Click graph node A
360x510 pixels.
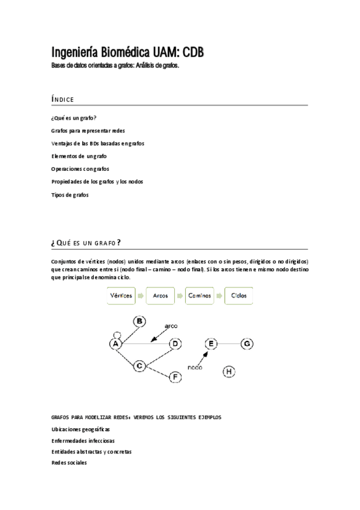116,343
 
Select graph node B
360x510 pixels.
139,322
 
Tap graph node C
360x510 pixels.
139,365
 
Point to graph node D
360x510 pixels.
175,343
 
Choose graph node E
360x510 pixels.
211,343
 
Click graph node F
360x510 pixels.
175,377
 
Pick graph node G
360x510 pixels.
247,343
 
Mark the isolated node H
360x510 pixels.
229,372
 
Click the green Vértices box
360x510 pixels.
121,296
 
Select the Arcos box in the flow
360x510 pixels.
160,296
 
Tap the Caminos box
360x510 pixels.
200,296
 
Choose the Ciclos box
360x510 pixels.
239,296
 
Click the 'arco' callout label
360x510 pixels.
171,325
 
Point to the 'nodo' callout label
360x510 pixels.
195,367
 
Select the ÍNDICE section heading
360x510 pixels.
63,99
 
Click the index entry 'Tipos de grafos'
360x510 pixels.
70,195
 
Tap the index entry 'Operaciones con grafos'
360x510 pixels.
81,169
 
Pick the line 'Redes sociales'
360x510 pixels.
69,462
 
